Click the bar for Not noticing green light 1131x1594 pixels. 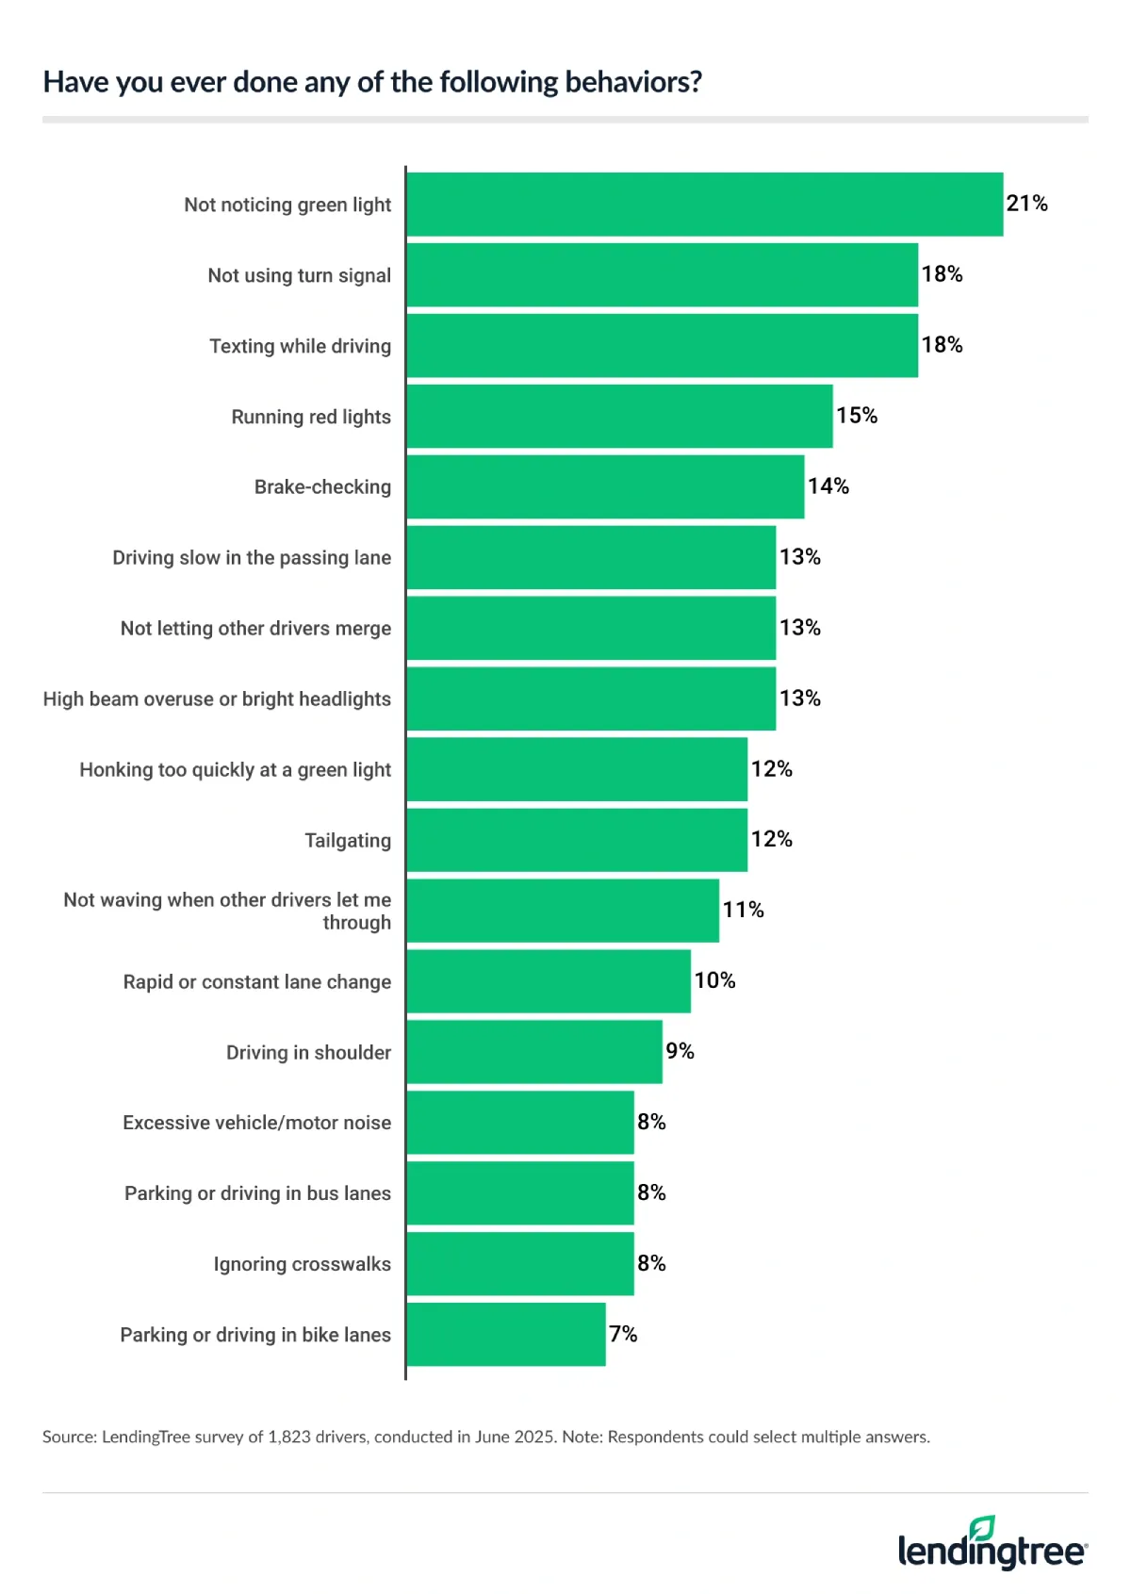click(704, 204)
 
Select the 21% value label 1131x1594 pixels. click(1026, 204)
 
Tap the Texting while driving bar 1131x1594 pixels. click(662, 345)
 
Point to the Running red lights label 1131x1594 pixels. click(311, 417)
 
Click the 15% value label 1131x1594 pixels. click(856, 416)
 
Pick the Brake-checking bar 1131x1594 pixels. click(605, 486)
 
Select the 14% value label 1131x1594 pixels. click(828, 486)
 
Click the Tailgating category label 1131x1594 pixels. click(347, 840)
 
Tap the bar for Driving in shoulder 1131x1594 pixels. click(534, 1052)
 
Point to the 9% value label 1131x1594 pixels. click(680, 1051)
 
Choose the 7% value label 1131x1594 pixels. click(623, 1334)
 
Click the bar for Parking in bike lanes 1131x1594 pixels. click(506, 1334)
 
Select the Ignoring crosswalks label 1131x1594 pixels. click(302, 1264)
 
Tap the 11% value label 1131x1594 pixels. click(743, 910)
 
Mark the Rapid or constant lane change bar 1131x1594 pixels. click(549, 981)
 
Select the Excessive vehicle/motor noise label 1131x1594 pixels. click(256, 1123)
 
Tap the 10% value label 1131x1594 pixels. click(714, 980)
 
